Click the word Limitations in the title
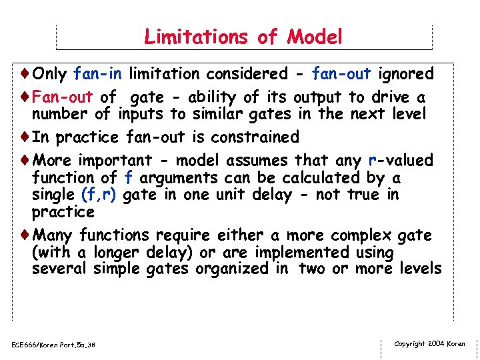(x=193, y=37)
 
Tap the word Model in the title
(x=314, y=37)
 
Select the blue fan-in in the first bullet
(x=99, y=73)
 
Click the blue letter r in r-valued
(x=371, y=161)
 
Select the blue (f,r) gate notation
(x=99, y=195)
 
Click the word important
(x=115, y=161)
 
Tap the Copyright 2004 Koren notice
(x=429, y=344)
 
